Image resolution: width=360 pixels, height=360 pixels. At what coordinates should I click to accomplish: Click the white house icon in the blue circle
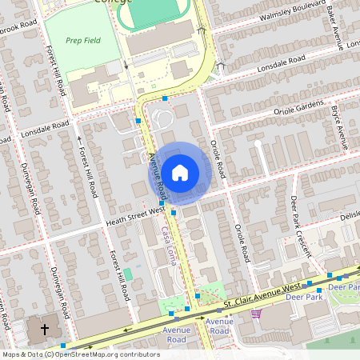180,173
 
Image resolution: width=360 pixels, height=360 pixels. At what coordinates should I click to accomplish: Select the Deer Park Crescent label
302,225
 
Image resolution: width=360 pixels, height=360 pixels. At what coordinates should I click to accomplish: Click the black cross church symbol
45,329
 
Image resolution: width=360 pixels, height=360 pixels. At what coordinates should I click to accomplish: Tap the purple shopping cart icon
256,312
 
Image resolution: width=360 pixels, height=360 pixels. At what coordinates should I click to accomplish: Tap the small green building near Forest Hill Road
128,274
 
